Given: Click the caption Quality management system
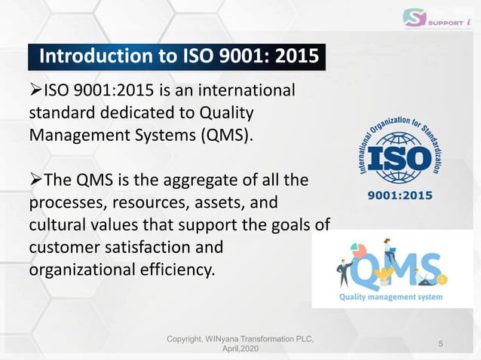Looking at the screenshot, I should click(x=390, y=297).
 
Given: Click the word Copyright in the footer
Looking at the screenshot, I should click(x=185, y=341).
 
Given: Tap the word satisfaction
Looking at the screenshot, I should click(x=149, y=246).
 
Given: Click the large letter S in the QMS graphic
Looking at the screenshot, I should click(x=428, y=268).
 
